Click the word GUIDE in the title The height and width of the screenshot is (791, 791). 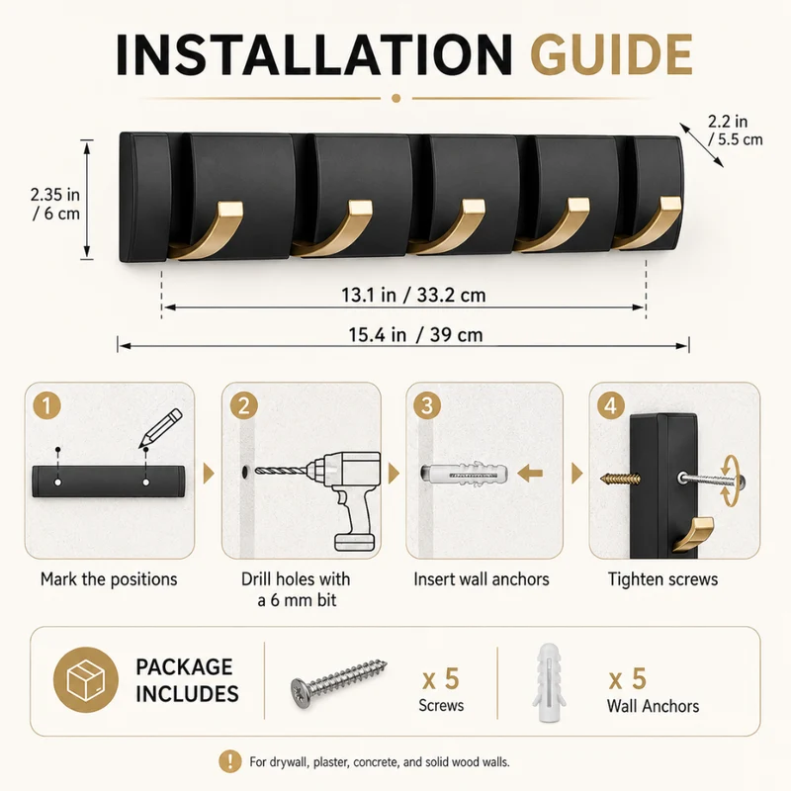[x=611, y=54]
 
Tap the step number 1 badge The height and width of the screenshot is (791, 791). [x=46, y=405]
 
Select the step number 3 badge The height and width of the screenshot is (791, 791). [x=427, y=405]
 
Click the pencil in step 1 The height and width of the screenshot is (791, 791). [x=160, y=428]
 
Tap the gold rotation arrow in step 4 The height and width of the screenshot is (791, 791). [x=728, y=481]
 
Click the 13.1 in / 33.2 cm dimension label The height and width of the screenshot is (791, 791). [x=413, y=295]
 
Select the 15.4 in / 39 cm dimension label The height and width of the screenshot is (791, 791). [x=415, y=334]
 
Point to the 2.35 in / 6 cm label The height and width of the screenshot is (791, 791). [x=55, y=204]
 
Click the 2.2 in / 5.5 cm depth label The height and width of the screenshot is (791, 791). [x=735, y=131]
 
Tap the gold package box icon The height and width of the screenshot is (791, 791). [x=86, y=679]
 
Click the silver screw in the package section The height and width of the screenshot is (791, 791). [x=339, y=683]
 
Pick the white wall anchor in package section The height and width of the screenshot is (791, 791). [x=549, y=681]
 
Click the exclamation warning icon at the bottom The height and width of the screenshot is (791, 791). [x=230, y=761]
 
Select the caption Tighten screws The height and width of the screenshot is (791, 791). [x=662, y=579]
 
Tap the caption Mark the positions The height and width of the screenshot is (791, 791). [x=109, y=579]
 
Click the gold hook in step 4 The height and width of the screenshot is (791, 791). [x=693, y=534]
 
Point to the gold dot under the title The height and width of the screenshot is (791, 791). [x=396, y=98]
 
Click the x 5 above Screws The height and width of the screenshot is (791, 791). [x=441, y=678]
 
